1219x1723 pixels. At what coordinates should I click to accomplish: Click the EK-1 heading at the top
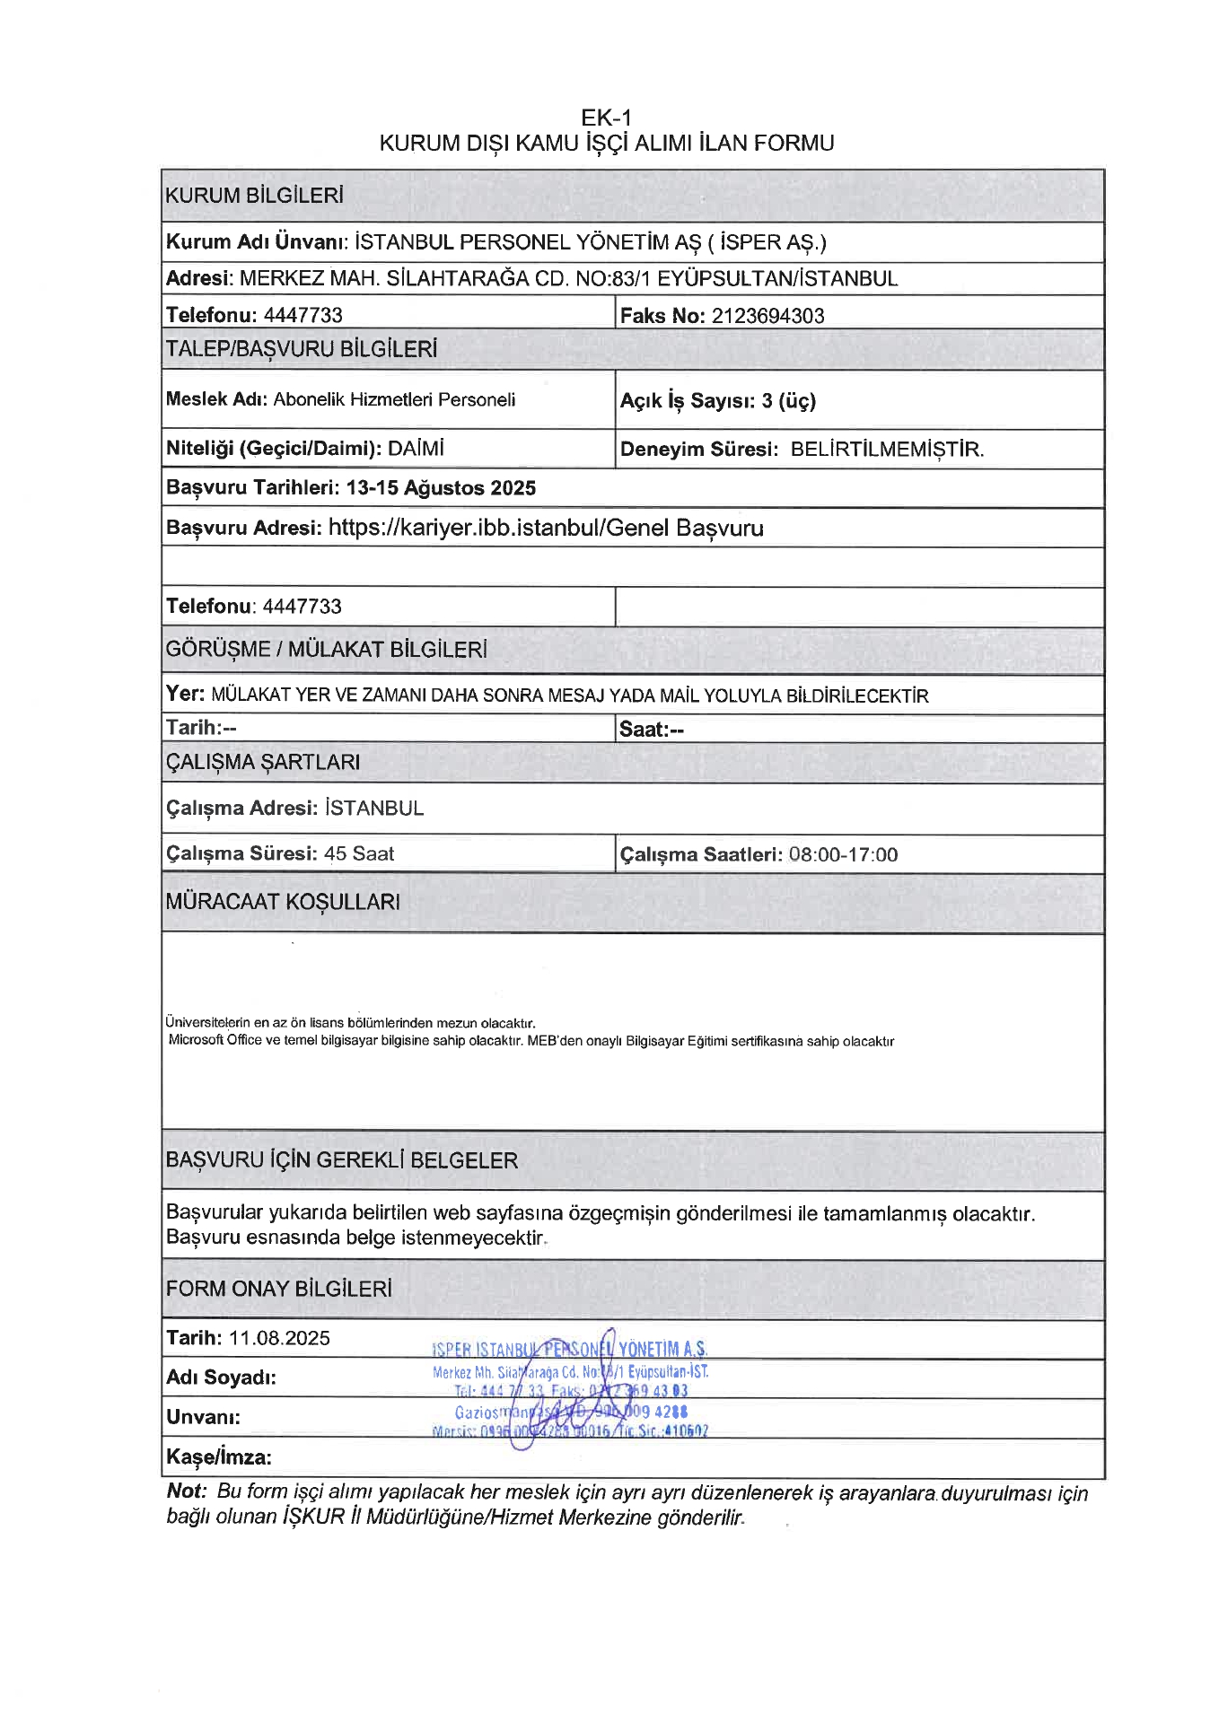(607, 118)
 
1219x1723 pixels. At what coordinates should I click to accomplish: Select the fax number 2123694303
(767, 316)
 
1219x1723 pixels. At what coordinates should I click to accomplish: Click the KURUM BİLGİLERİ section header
(254, 196)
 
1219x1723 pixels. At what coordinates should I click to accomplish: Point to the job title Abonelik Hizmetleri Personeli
(394, 399)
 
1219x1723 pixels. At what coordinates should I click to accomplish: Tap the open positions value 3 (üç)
(788, 400)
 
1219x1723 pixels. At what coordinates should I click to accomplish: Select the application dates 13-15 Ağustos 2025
(441, 488)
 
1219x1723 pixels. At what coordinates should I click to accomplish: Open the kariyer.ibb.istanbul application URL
(546, 528)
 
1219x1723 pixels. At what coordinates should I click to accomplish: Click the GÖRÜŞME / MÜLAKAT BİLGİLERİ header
(326, 650)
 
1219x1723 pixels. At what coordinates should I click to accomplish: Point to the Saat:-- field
(651, 730)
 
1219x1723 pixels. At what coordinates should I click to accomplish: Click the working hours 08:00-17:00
(843, 854)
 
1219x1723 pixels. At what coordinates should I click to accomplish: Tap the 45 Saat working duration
(359, 853)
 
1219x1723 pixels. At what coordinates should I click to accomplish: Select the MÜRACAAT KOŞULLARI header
(283, 902)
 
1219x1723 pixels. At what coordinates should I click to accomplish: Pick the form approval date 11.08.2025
(279, 1338)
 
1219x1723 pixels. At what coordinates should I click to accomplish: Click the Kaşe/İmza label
(218, 1456)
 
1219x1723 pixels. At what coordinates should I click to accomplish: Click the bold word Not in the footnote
(185, 1491)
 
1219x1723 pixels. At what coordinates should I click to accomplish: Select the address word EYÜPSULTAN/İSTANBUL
(777, 278)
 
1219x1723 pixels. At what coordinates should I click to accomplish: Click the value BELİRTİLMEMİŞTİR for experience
(887, 450)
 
